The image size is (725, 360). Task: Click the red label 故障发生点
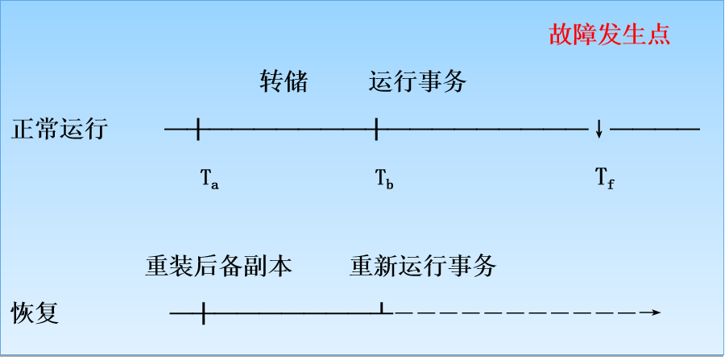609,35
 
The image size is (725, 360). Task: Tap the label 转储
284,81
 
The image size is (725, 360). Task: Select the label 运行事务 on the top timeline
417,81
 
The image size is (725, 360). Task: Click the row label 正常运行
60,129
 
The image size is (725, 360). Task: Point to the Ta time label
209,177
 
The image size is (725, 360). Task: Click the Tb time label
384,177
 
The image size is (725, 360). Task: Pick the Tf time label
604,177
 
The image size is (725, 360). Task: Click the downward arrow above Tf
599,129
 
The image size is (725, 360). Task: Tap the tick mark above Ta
197,128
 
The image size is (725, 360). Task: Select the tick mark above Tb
376,128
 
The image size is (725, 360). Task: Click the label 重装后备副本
219,265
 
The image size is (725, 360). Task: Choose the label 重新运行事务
422,265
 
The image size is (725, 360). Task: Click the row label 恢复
35,312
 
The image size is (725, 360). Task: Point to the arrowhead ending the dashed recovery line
656,312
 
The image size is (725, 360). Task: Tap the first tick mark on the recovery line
203,312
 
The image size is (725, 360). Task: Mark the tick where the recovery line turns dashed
381,309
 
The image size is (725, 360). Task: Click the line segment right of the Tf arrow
654,129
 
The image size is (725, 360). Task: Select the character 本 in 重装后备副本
280,265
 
